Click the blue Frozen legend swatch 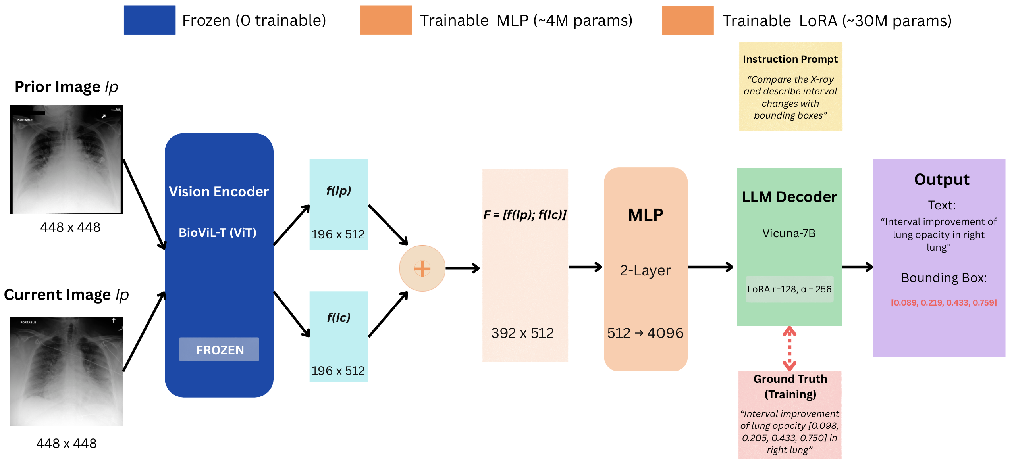149,20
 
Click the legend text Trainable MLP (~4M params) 526,20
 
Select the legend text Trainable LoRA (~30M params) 837,21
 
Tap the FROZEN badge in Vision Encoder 219,350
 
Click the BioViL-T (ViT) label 218,232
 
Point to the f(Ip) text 339,190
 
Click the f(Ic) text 339,317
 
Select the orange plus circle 422,269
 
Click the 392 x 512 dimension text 522,333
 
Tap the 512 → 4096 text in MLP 645,333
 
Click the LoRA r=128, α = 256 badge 789,289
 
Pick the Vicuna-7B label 789,233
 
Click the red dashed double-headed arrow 789,348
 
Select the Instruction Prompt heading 790,59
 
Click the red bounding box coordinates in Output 943,303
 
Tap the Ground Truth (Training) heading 790,386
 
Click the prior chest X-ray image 66,159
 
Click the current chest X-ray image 66,371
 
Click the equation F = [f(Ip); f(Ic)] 524,215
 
